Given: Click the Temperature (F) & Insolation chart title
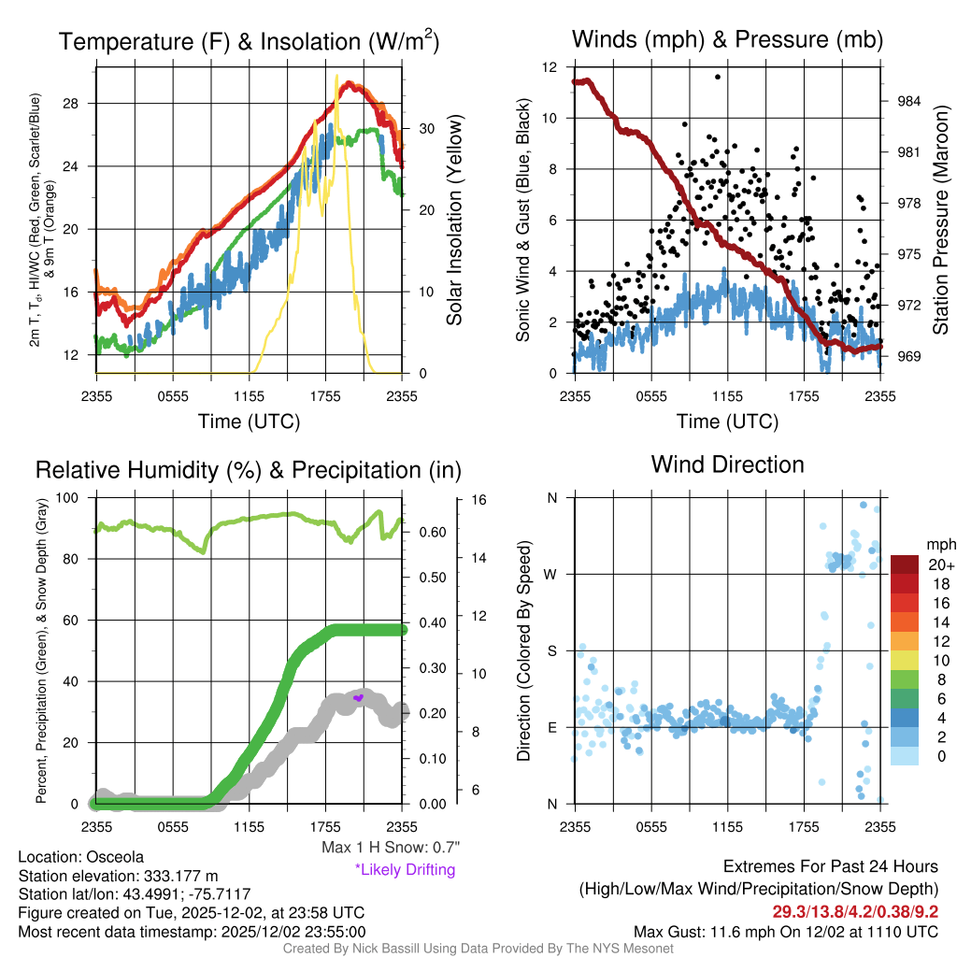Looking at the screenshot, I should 249,41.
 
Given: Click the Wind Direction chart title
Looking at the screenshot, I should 727,464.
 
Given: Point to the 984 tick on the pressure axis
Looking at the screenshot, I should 910,101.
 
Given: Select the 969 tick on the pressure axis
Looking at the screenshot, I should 910,356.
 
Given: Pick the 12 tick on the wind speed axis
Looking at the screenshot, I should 550,67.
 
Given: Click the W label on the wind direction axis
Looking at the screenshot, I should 550,574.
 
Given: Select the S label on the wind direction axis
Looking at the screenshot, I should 551,650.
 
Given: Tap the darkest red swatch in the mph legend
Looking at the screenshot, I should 905,564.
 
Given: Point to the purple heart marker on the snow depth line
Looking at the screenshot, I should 358,697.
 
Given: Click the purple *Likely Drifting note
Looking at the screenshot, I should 405,870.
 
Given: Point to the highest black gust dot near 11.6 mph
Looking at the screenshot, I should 718,77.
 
